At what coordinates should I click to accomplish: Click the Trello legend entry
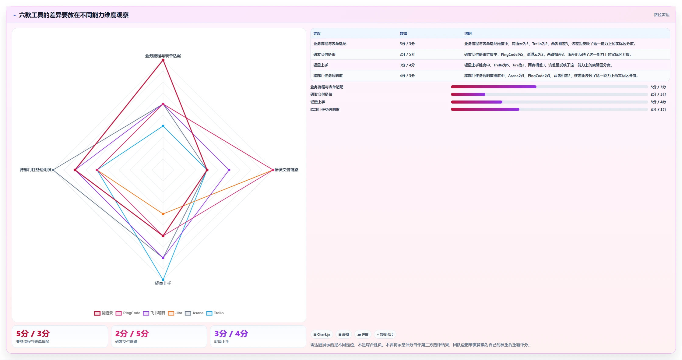point(215,313)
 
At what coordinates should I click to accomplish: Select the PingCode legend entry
point(128,313)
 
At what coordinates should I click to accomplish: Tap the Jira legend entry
point(175,313)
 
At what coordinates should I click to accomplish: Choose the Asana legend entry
point(194,313)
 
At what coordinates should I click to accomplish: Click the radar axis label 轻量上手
point(163,283)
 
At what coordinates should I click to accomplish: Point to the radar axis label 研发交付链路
point(287,170)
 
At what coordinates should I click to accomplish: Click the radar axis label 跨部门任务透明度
point(36,170)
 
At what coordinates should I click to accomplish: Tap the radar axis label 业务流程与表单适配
point(163,56)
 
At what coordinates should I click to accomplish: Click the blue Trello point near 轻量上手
point(163,280)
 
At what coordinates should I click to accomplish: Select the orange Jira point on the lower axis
point(163,214)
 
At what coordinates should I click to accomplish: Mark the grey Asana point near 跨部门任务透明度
point(53,170)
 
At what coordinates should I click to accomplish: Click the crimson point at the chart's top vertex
point(163,60)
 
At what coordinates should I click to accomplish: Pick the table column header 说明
point(468,34)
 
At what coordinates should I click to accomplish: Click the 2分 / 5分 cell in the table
point(407,55)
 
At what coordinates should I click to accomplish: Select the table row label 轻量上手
point(321,65)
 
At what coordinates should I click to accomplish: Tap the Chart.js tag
point(322,334)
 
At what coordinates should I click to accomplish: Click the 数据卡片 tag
point(385,334)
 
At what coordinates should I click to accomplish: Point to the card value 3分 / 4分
point(231,334)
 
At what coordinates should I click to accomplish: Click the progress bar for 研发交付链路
point(549,94)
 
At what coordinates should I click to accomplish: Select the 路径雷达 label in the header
point(661,15)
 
